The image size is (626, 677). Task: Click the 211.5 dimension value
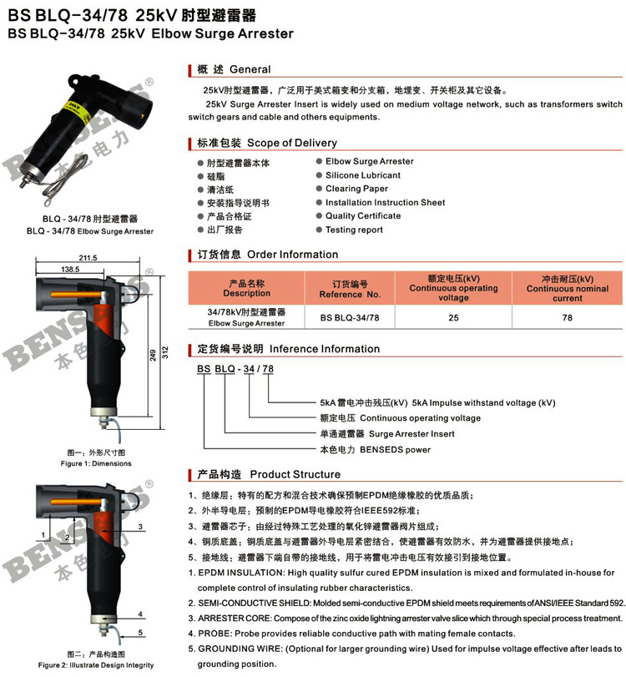(88, 258)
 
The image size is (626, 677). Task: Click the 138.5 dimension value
(70, 270)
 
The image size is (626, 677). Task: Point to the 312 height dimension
(165, 352)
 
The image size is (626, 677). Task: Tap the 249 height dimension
(153, 355)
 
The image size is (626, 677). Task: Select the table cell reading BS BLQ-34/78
(350, 318)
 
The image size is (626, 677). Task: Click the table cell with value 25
(453, 318)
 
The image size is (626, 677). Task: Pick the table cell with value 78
(568, 318)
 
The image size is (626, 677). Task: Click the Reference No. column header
(350, 290)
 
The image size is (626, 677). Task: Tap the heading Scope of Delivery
(292, 143)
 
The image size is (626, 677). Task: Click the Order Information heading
(292, 255)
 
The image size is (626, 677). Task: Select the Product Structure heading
(295, 474)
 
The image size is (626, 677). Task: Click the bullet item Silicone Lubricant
(362, 175)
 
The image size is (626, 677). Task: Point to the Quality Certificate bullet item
(362, 216)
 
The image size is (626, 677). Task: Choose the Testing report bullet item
(354, 230)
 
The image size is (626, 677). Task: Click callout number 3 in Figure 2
(140, 527)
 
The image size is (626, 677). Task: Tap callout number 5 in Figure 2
(140, 633)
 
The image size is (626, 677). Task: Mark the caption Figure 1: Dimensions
(96, 463)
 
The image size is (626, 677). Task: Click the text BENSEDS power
(395, 450)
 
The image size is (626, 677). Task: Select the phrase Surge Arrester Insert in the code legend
(411, 434)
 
